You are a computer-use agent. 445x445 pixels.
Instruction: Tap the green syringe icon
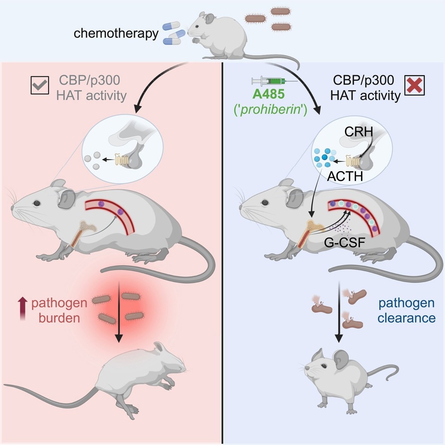[268, 81]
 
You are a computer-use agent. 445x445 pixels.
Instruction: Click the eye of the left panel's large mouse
[36, 203]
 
